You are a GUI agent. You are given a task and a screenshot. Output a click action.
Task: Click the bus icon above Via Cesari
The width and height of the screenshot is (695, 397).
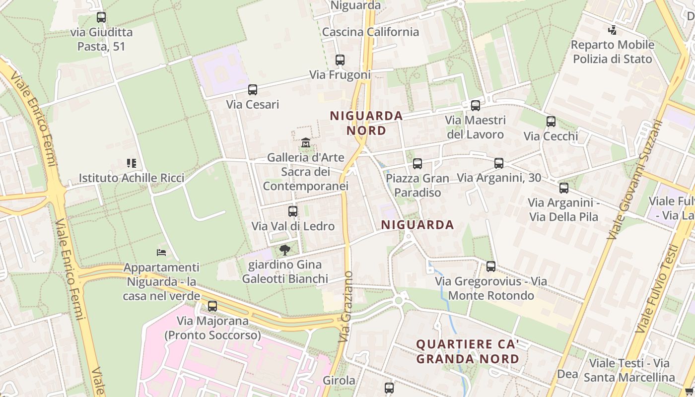pyautogui.click(x=253, y=90)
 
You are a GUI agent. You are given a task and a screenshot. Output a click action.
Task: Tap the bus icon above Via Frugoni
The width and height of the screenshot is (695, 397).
pyautogui.click(x=340, y=60)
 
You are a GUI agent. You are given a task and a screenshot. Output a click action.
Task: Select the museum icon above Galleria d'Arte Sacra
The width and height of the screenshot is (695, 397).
pyautogui.click(x=306, y=143)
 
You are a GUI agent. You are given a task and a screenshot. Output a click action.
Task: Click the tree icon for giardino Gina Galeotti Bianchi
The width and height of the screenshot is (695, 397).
pyautogui.click(x=284, y=250)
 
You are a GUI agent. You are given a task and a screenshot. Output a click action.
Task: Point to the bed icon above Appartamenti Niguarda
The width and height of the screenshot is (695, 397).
pyautogui.click(x=161, y=252)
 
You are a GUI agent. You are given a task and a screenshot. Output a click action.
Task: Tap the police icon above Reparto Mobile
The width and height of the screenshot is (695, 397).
pyautogui.click(x=612, y=30)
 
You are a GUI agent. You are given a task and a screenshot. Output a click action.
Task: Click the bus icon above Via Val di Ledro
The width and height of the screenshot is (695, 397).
pyautogui.click(x=293, y=211)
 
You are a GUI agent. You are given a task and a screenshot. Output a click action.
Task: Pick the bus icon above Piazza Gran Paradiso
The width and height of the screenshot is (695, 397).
pyautogui.click(x=417, y=163)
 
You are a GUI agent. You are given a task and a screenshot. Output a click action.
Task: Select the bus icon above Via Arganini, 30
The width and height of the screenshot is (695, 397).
pyautogui.click(x=499, y=163)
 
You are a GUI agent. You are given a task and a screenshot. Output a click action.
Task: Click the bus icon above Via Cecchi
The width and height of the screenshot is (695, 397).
pyautogui.click(x=551, y=122)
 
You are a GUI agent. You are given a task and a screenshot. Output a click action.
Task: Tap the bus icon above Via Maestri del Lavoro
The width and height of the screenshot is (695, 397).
pyautogui.click(x=476, y=105)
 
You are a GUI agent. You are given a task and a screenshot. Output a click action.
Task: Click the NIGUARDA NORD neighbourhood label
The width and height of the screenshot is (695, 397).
pyautogui.click(x=366, y=123)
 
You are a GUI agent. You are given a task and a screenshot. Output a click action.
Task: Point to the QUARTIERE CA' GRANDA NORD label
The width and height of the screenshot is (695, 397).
pyautogui.click(x=468, y=351)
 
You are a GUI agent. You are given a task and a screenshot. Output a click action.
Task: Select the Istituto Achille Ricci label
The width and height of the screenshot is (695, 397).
pyautogui.click(x=132, y=178)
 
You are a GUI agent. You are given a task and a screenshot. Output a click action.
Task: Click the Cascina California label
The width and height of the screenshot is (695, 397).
pyautogui.click(x=370, y=32)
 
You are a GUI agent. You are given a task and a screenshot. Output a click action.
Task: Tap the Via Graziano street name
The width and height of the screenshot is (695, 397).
pyautogui.click(x=347, y=306)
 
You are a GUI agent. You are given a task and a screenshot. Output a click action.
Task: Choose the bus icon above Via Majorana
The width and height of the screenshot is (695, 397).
pyautogui.click(x=212, y=306)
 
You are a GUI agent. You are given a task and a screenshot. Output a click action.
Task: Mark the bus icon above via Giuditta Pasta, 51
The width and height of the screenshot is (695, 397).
pyautogui.click(x=101, y=17)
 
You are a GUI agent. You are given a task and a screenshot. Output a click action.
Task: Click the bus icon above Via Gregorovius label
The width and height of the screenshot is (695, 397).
pyautogui.click(x=491, y=266)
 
